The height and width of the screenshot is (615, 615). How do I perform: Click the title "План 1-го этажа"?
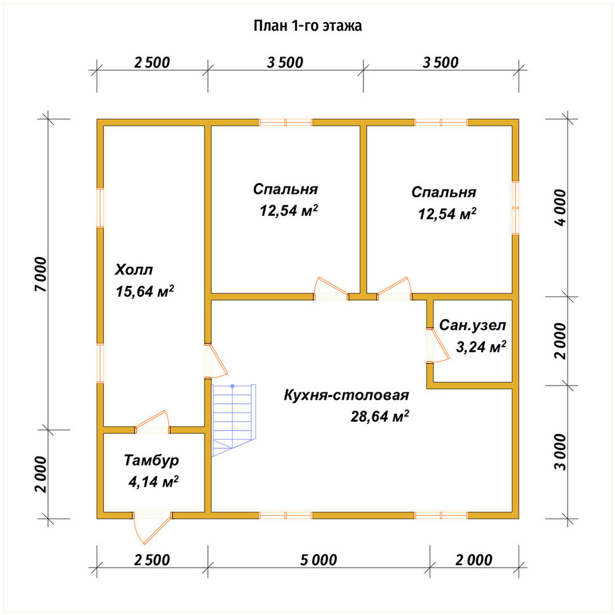(307, 26)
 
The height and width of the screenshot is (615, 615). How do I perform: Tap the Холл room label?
(133, 269)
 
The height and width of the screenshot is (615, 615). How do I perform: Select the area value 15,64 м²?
(145, 291)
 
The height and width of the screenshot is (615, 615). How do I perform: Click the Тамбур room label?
(151, 460)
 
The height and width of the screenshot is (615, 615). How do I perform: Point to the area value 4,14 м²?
(153, 482)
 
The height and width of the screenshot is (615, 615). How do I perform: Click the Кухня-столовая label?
(346, 395)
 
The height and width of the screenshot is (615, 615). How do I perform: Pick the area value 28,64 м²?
(379, 416)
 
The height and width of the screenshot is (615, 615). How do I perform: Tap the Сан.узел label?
(472, 325)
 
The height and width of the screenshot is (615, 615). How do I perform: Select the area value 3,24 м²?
(481, 346)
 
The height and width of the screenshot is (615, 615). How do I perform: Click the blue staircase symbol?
(234, 420)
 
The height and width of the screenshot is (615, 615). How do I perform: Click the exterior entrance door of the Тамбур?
(152, 528)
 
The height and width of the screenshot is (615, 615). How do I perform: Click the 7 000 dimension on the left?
(41, 274)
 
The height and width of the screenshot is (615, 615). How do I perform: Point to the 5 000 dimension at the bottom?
(319, 560)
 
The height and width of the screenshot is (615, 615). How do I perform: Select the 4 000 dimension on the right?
(560, 207)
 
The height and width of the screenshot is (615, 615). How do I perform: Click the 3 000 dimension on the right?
(560, 452)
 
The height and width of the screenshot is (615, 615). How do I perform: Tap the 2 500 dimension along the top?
(152, 62)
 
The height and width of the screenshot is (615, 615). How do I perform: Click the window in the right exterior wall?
(515, 207)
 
